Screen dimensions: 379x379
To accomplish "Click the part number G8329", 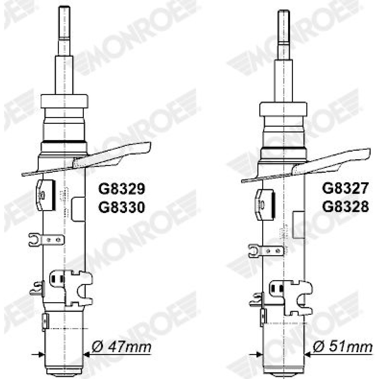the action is point(121,189).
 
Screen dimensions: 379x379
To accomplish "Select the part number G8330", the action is point(121,207).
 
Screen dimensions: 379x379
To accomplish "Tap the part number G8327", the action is point(345,188).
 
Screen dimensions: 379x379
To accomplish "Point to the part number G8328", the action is point(345,207).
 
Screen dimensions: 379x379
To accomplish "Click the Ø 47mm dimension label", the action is point(121,347).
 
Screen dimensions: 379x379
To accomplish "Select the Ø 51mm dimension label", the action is point(343,347).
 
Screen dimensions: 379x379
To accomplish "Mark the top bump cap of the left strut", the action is point(64,101).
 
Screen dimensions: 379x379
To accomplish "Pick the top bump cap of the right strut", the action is point(283,109).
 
